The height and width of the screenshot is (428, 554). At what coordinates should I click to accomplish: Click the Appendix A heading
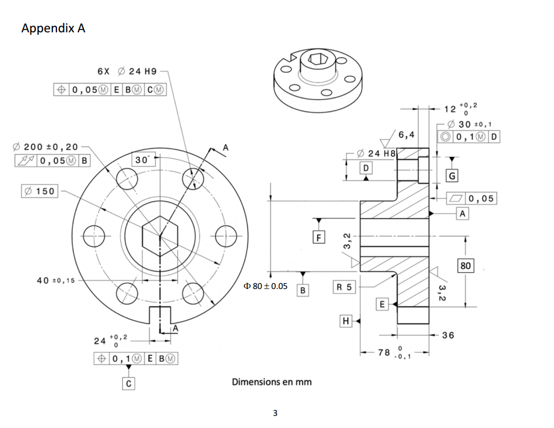point(53,28)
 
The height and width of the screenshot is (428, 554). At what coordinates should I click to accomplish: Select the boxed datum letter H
point(346,321)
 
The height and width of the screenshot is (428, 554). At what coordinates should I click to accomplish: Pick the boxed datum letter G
point(453,175)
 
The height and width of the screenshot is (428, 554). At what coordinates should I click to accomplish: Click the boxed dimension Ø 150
point(39,191)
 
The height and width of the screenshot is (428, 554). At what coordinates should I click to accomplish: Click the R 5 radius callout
point(344,286)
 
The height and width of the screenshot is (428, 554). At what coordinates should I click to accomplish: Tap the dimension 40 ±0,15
point(54,280)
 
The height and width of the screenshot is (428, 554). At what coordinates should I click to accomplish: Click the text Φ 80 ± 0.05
point(265,286)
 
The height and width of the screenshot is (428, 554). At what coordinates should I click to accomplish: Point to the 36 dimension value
point(447,335)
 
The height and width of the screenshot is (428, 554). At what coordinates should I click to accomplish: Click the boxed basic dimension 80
point(466,266)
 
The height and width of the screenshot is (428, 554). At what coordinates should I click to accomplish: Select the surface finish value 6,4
point(406,135)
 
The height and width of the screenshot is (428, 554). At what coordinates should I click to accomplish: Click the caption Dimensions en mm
point(272,382)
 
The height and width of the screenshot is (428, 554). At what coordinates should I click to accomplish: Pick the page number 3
point(275,413)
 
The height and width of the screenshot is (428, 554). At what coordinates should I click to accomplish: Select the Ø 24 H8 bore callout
point(377,153)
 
